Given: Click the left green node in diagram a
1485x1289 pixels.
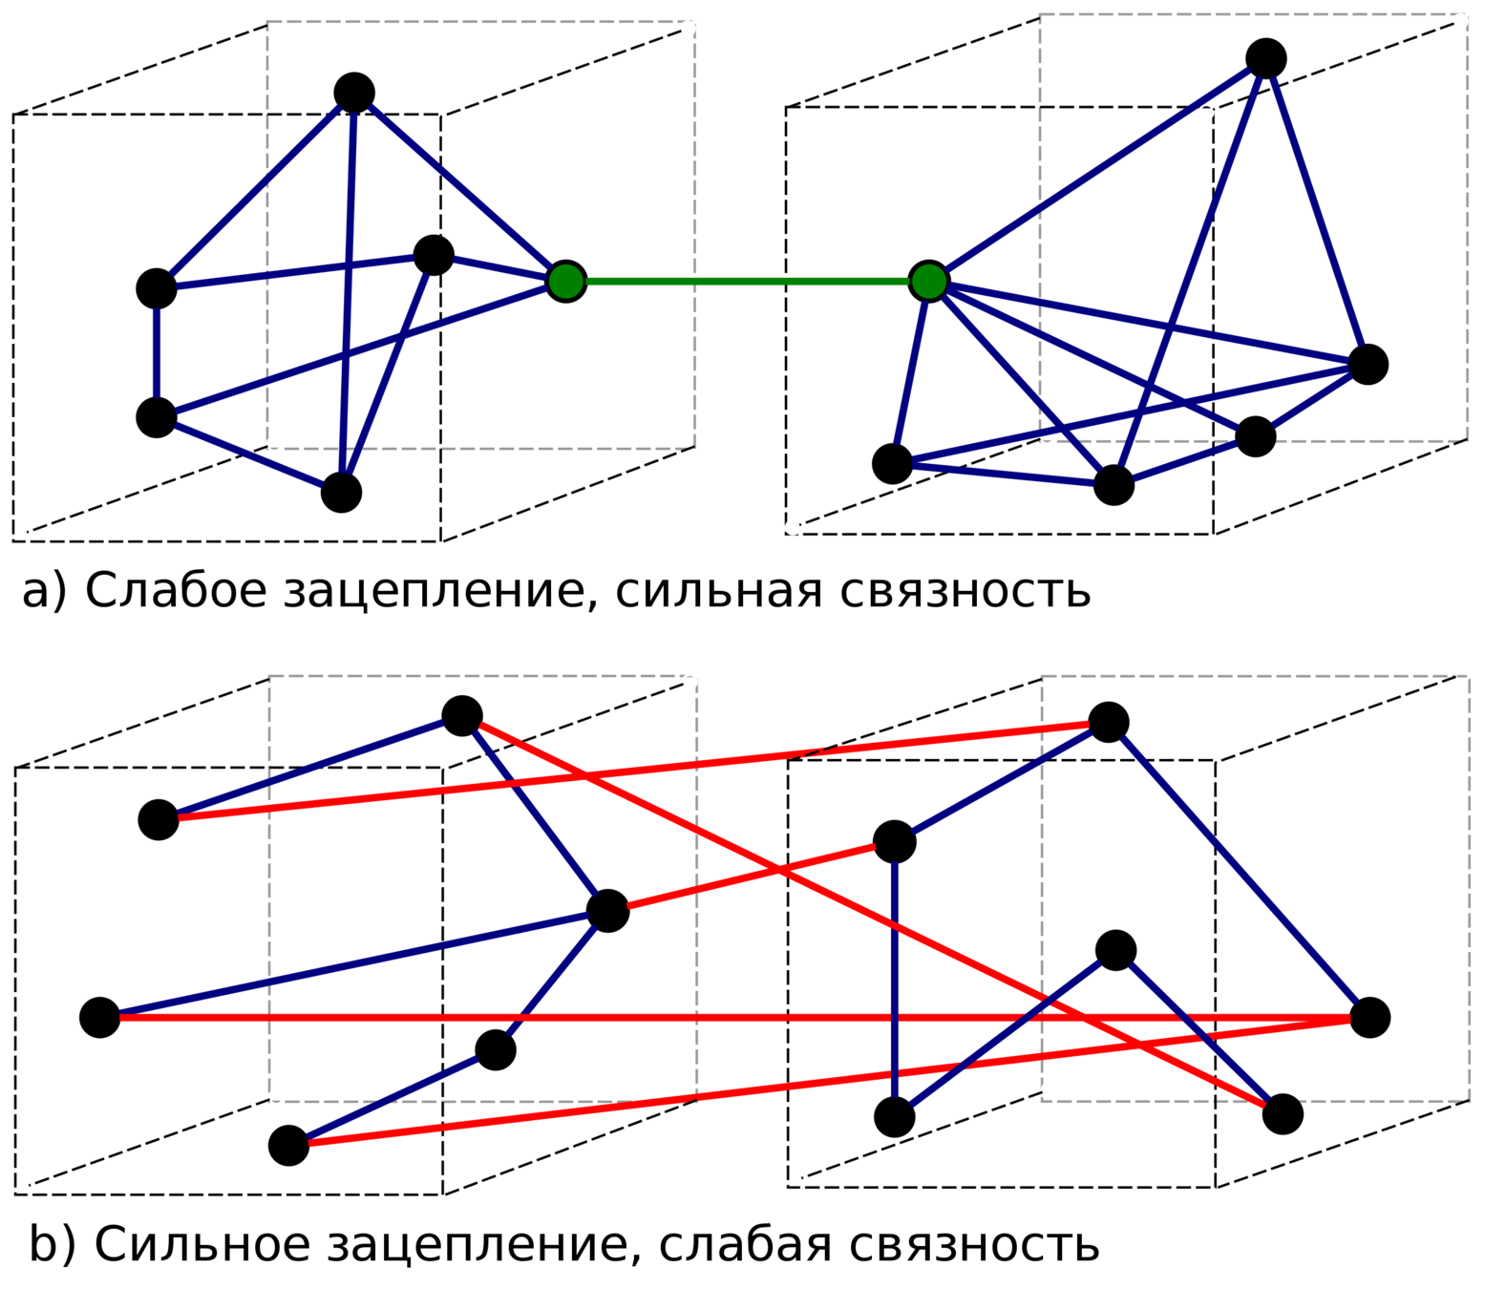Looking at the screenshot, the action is point(566,281).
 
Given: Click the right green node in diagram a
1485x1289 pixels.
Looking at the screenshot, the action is point(928,281).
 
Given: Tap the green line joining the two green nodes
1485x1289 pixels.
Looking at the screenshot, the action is point(747,281).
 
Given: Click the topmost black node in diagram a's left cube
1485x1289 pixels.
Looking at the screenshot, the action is point(354,93).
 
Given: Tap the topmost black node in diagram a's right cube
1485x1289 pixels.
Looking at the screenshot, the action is point(1266,58).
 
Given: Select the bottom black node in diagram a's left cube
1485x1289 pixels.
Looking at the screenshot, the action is point(341,493).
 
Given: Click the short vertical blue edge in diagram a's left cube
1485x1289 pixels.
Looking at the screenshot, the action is point(157,353).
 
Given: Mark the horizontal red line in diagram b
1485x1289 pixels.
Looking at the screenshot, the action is point(726,1018).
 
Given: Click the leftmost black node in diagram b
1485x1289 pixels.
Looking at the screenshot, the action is point(99,1018).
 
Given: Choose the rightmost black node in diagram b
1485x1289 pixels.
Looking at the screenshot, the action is point(1369,1018).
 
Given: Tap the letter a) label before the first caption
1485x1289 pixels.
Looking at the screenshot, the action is point(44,591).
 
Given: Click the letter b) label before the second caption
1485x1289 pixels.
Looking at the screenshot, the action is point(52,1244).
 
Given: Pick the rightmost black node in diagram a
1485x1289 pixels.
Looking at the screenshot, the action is point(1368,364).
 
